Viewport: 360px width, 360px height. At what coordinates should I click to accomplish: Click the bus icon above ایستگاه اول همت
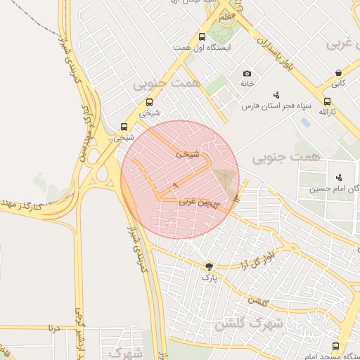pyautogui.click(x=202, y=37)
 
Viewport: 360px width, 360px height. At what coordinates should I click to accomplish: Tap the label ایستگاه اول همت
pyautogui.click(x=203, y=48)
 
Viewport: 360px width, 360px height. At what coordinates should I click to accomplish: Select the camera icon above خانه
pyautogui.click(x=247, y=73)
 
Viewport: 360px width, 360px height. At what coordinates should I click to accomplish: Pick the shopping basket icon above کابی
pyautogui.click(x=339, y=72)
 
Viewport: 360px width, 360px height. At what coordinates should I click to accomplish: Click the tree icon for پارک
pyautogui.click(x=209, y=266)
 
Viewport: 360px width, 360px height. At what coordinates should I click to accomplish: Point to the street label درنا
pyautogui.click(x=54, y=328)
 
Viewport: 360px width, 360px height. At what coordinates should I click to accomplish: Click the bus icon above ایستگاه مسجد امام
pyautogui.click(x=335, y=347)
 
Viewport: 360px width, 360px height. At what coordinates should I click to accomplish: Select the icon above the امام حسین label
pyautogui.click(x=339, y=176)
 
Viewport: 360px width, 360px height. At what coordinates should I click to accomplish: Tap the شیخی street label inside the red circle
pyautogui.click(x=186, y=153)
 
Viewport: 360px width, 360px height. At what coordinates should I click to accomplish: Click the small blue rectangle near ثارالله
pyautogui.click(x=304, y=122)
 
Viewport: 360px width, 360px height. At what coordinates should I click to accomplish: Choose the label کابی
pyautogui.click(x=339, y=83)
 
